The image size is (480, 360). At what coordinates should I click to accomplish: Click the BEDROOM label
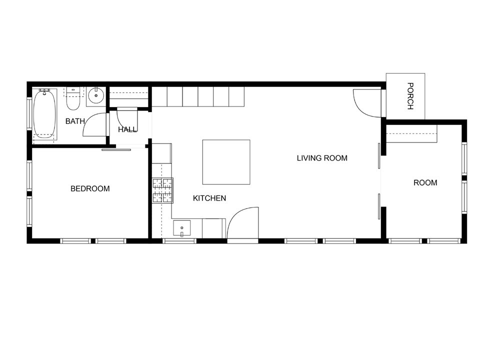click(90, 188)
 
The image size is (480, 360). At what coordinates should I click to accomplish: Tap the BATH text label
click(75, 120)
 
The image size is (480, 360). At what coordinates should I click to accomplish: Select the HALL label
click(127, 129)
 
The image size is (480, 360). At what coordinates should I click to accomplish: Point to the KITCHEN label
click(209, 198)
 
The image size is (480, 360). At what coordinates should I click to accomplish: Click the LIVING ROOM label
click(322, 158)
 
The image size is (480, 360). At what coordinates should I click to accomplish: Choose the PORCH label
click(410, 96)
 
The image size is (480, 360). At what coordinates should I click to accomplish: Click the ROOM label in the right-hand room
click(425, 182)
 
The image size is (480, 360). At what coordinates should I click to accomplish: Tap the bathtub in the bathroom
click(45, 113)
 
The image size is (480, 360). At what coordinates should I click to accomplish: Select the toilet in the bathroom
click(73, 100)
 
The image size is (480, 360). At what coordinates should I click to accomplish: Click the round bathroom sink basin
click(95, 95)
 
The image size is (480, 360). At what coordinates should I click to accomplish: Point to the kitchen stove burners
click(162, 190)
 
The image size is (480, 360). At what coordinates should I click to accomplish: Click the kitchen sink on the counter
click(181, 228)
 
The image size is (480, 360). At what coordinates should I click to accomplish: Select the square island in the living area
click(226, 162)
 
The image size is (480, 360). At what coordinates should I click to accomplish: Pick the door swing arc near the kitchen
click(242, 222)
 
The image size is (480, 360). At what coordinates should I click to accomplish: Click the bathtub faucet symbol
click(45, 92)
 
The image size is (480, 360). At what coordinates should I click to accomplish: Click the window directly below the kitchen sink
click(179, 241)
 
